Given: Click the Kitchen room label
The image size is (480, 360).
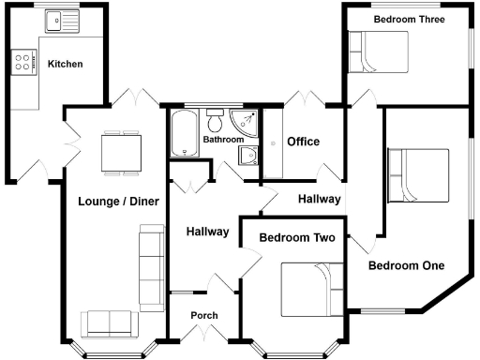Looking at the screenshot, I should tap(66, 65).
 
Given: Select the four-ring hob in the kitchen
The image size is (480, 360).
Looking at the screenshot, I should tap(22, 62).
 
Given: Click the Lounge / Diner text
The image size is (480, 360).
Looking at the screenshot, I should tap(118, 202).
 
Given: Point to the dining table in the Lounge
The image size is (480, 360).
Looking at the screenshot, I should tap(122, 150).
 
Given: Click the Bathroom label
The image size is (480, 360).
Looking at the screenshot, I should tap(224, 140).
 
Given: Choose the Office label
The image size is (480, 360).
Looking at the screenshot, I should tap(303, 142).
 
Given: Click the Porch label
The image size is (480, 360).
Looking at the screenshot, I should tap(204, 315).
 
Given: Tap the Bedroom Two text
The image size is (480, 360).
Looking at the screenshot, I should tap(297, 238).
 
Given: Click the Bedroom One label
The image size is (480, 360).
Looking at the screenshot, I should tap(405, 265).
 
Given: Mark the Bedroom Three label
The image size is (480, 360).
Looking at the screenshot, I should tap(408, 19).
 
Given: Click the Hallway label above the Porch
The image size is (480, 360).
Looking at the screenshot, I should tap(207, 232).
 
